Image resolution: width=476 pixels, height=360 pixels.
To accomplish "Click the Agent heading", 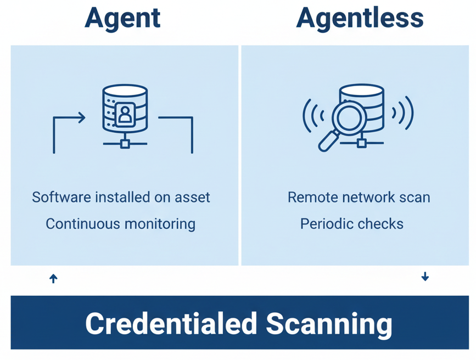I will tap(122, 19).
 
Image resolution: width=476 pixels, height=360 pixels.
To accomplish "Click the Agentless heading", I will tap(360, 19).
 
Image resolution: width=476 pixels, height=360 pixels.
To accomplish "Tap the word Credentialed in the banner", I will tap(171, 323).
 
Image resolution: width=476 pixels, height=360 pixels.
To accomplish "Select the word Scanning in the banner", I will tap(329, 323).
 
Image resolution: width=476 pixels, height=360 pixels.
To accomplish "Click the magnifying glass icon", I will tap(343, 124).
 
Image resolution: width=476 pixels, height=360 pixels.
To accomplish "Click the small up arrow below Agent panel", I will tap(53, 279).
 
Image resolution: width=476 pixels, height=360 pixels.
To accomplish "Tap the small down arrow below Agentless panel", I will tap(425, 277).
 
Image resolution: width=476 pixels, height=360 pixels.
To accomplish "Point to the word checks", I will tap(380, 224).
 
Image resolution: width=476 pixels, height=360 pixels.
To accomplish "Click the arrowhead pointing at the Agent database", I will tap(81, 117).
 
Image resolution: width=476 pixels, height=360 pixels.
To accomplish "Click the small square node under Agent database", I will tap(125, 144).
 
